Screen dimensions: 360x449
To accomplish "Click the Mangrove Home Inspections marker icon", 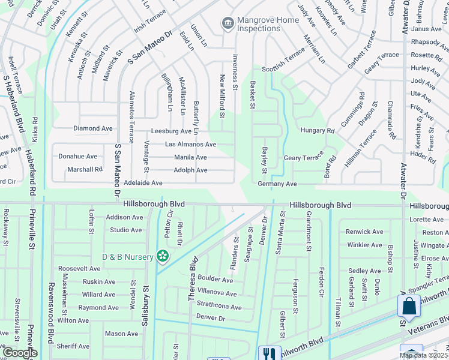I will coord(228,23).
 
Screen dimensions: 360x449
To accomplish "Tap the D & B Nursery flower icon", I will coord(162,257).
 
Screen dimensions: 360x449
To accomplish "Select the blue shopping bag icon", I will coord(409,305).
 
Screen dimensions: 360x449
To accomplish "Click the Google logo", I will coord(20,353).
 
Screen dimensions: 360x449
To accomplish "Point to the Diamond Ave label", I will coord(93,128).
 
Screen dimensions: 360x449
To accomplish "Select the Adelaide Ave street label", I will coord(143,182).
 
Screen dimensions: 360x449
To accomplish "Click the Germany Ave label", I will coord(277,184).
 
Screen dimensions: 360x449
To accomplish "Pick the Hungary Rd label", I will coord(317,130).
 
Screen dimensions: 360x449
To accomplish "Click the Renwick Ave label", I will coord(365,232).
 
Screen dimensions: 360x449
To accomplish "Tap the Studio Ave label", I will coord(125,230).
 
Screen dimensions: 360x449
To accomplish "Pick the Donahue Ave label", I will coord(77,156).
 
